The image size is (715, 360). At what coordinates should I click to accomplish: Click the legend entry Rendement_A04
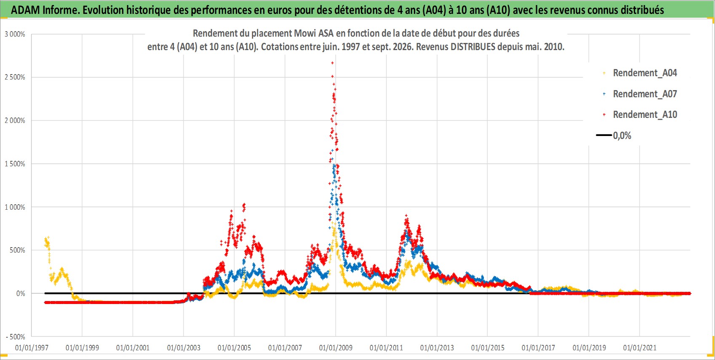tap(640, 73)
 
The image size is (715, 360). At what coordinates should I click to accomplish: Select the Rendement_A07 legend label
tap(640, 94)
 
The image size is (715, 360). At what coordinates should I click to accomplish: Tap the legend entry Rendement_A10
tap(640, 115)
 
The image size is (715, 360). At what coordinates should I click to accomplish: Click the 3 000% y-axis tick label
tap(15, 34)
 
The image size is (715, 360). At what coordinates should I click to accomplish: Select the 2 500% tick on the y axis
tap(15, 77)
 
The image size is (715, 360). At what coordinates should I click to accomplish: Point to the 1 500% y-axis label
tap(15, 164)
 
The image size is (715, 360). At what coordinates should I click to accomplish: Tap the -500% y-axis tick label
tap(15, 337)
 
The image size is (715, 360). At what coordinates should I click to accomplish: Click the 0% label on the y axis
tap(21, 293)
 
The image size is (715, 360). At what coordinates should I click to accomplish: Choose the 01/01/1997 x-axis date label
tap(32, 347)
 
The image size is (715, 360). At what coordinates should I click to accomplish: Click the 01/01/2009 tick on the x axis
tap(336, 347)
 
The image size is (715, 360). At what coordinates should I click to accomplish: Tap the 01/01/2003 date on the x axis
tap(184, 347)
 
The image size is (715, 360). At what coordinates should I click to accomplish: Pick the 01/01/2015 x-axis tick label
tap(488, 347)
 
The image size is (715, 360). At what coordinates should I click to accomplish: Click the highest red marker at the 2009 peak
tap(332, 63)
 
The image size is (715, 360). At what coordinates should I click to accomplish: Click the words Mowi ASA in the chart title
tap(313, 33)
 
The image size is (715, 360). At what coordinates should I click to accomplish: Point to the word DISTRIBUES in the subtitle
tap(473, 47)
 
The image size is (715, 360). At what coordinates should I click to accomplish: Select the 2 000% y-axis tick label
tap(15, 121)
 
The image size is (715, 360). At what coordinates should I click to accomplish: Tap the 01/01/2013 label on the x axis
tap(437, 347)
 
